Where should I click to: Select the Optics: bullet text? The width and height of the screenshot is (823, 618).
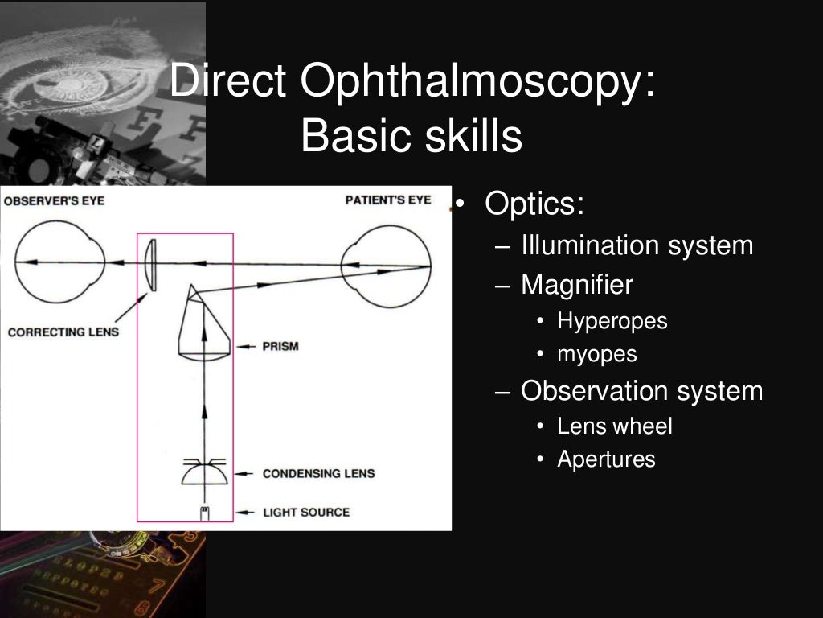tap(534, 204)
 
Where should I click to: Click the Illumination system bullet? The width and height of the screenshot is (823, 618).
tap(637, 245)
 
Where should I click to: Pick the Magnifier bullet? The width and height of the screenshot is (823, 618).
tap(576, 284)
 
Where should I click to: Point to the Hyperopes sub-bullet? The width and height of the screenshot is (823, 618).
tap(612, 321)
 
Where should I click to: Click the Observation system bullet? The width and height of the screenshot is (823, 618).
tap(641, 391)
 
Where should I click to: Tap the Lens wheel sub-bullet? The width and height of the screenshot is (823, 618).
tap(615, 426)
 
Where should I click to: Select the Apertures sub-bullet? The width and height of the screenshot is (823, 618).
tap(606, 459)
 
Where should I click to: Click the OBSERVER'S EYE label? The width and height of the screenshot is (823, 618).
tap(54, 200)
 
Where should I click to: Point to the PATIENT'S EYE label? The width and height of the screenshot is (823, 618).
tap(388, 200)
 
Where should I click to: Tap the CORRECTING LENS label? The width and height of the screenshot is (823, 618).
tap(57, 332)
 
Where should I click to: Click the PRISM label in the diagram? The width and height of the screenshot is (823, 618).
tap(280, 347)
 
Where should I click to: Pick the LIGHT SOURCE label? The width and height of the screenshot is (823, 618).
tap(306, 512)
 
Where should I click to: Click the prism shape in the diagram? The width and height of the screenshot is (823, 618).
tap(204, 326)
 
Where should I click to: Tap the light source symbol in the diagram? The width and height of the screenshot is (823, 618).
tap(204, 513)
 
